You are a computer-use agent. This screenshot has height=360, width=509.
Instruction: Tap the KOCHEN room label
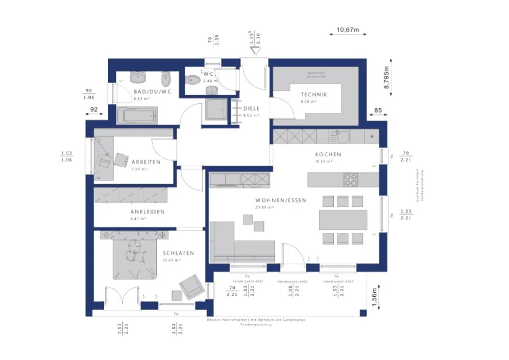pyautogui.click(x=328, y=154)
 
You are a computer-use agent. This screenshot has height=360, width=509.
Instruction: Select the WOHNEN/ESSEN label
pyautogui.click(x=281, y=200)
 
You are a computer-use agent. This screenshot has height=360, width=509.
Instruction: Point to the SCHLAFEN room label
pyautogui.click(x=178, y=253)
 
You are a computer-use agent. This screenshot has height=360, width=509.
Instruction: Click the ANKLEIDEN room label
pyautogui.click(x=147, y=212)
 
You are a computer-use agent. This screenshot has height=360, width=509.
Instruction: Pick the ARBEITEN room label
pyautogui.click(x=145, y=162)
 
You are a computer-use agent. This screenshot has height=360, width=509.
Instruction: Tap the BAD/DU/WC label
pyautogui.click(x=152, y=92)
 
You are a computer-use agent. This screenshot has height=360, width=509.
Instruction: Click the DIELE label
pyautogui.click(x=251, y=108)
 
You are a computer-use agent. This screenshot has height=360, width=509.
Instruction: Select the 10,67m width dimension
pyautogui.click(x=347, y=29)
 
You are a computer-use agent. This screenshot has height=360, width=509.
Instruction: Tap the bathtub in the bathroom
pyautogui.click(x=137, y=115)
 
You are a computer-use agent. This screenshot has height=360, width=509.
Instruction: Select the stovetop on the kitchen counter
pyautogui.click(x=351, y=179)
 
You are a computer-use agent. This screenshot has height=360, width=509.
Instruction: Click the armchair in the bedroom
pyautogui.click(x=191, y=285)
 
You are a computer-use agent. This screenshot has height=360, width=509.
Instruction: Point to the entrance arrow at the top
pyautogui.click(x=255, y=49)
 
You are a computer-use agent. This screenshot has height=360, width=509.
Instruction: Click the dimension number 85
pyautogui.click(x=378, y=110)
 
